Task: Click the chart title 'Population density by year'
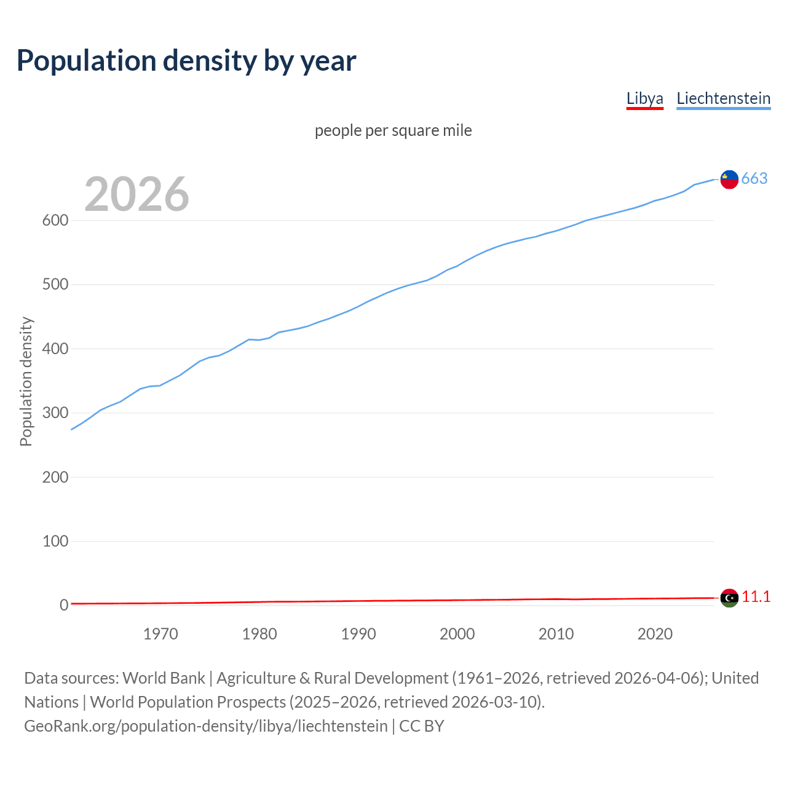tap(186, 61)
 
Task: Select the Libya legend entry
tap(644, 98)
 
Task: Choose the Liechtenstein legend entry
tap(723, 98)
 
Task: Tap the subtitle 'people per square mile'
tap(393, 130)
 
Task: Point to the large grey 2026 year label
tap(136, 194)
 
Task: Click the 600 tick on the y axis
tap(55, 221)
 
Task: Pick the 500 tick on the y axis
tap(55, 285)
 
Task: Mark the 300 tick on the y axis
tap(55, 413)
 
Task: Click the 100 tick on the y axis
tap(55, 542)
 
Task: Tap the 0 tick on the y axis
tap(63, 606)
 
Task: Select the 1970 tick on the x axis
tap(160, 634)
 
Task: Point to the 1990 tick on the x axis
tap(358, 634)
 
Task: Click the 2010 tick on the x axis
tap(556, 634)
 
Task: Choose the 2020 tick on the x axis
tap(655, 634)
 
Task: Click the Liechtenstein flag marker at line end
tap(729, 179)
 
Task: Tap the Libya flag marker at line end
tap(729, 598)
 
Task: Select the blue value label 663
tap(754, 178)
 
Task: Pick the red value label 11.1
tap(756, 597)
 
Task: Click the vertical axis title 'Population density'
tap(26, 381)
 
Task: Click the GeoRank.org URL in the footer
tap(206, 726)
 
